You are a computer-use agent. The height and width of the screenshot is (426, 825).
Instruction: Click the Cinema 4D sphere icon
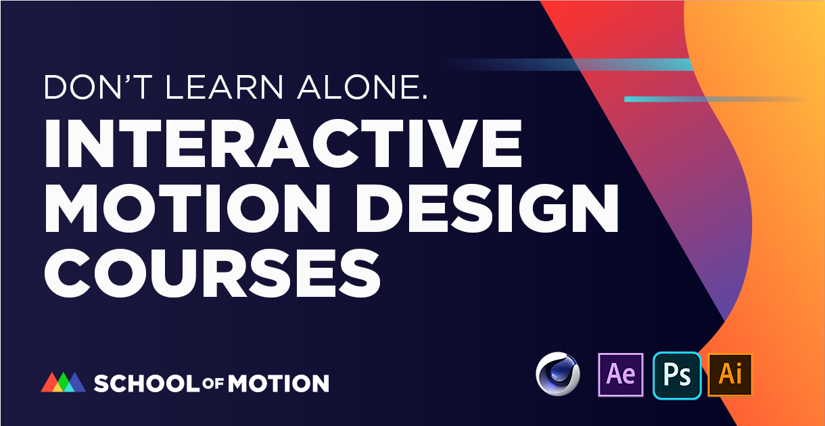pyautogui.click(x=558, y=374)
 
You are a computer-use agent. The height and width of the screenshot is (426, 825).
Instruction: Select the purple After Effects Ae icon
pyautogui.click(x=621, y=374)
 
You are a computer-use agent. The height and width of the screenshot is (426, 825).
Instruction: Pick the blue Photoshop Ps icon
pyautogui.click(x=676, y=374)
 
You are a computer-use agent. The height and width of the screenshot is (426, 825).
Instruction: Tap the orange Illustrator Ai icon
pyautogui.click(x=730, y=374)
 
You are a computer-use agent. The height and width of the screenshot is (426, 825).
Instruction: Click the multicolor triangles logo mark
pyautogui.click(x=63, y=382)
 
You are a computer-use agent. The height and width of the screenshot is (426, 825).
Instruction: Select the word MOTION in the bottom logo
pyautogui.click(x=278, y=383)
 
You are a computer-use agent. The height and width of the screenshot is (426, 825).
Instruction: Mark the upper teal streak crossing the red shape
pyautogui.click(x=575, y=64)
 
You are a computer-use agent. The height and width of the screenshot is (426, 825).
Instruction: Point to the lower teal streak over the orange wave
pyautogui.click(x=710, y=99)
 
